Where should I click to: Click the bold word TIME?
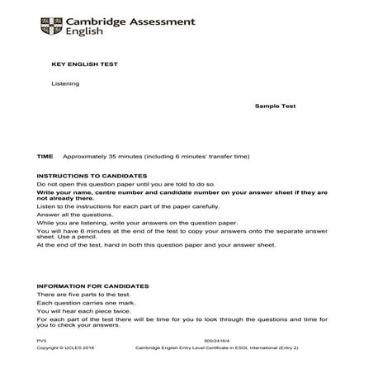[45, 156]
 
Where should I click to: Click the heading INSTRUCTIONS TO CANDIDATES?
[92, 176]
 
